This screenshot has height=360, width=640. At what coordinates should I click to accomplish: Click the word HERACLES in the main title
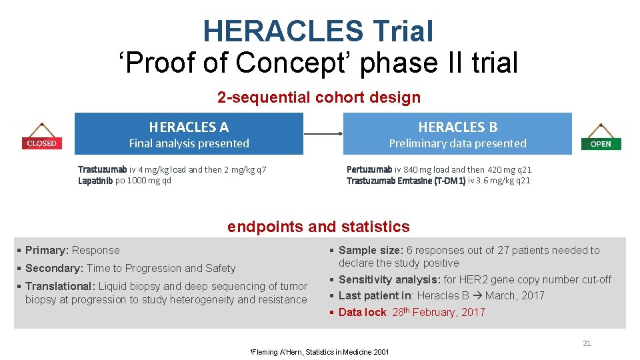pos(283,31)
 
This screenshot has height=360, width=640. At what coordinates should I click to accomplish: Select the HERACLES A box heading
pos(189,127)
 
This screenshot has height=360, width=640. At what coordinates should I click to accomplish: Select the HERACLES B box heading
pos(457,127)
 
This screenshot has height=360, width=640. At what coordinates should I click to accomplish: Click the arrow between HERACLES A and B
pos(323,134)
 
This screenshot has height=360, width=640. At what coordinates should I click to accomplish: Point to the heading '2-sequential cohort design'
pos(319,97)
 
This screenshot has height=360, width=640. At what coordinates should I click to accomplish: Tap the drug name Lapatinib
pos(95,181)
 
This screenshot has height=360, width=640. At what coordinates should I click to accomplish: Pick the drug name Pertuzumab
pos(369,169)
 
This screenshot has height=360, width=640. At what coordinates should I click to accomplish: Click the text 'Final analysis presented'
pos(189,143)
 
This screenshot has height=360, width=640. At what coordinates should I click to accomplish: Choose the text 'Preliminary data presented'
pos(457,143)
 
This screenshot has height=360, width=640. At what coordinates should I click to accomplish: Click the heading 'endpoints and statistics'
pos(319,227)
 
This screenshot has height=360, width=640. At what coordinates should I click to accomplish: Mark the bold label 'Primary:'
pos(47,251)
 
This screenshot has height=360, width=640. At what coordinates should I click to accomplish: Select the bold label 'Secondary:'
pos(54,269)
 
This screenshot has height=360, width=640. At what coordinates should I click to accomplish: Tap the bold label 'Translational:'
pos(60,287)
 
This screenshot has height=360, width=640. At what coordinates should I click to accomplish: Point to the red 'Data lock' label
pos(362,312)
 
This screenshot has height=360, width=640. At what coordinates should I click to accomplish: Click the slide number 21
pos(587,343)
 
